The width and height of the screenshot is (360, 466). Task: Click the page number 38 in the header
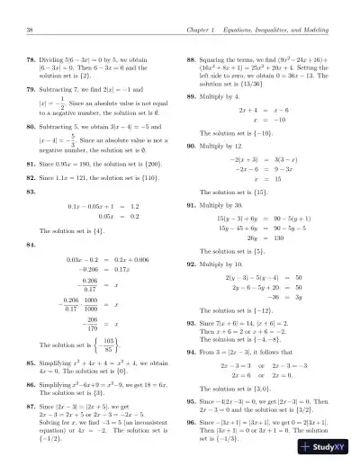point(31,32)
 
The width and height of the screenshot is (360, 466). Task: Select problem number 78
point(32,60)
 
